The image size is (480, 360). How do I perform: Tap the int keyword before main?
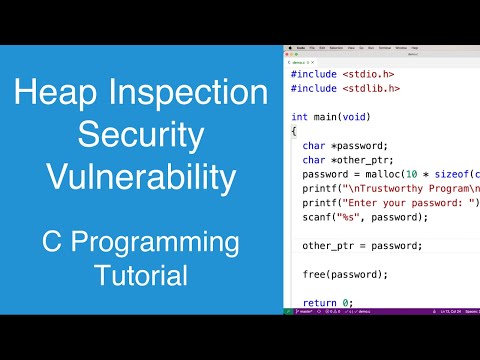pyautogui.click(x=300, y=116)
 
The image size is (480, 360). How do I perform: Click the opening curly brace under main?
pyautogui.click(x=294, y=130)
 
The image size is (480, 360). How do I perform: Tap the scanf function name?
pyautogui.click(x=319, y=215)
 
